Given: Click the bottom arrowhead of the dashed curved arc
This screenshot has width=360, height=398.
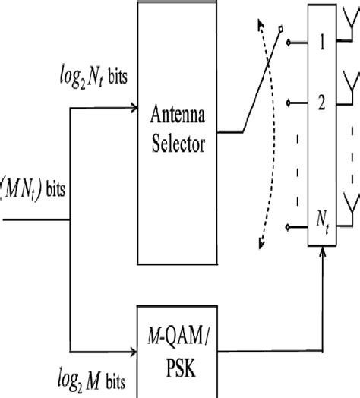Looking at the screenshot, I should (261, 243).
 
